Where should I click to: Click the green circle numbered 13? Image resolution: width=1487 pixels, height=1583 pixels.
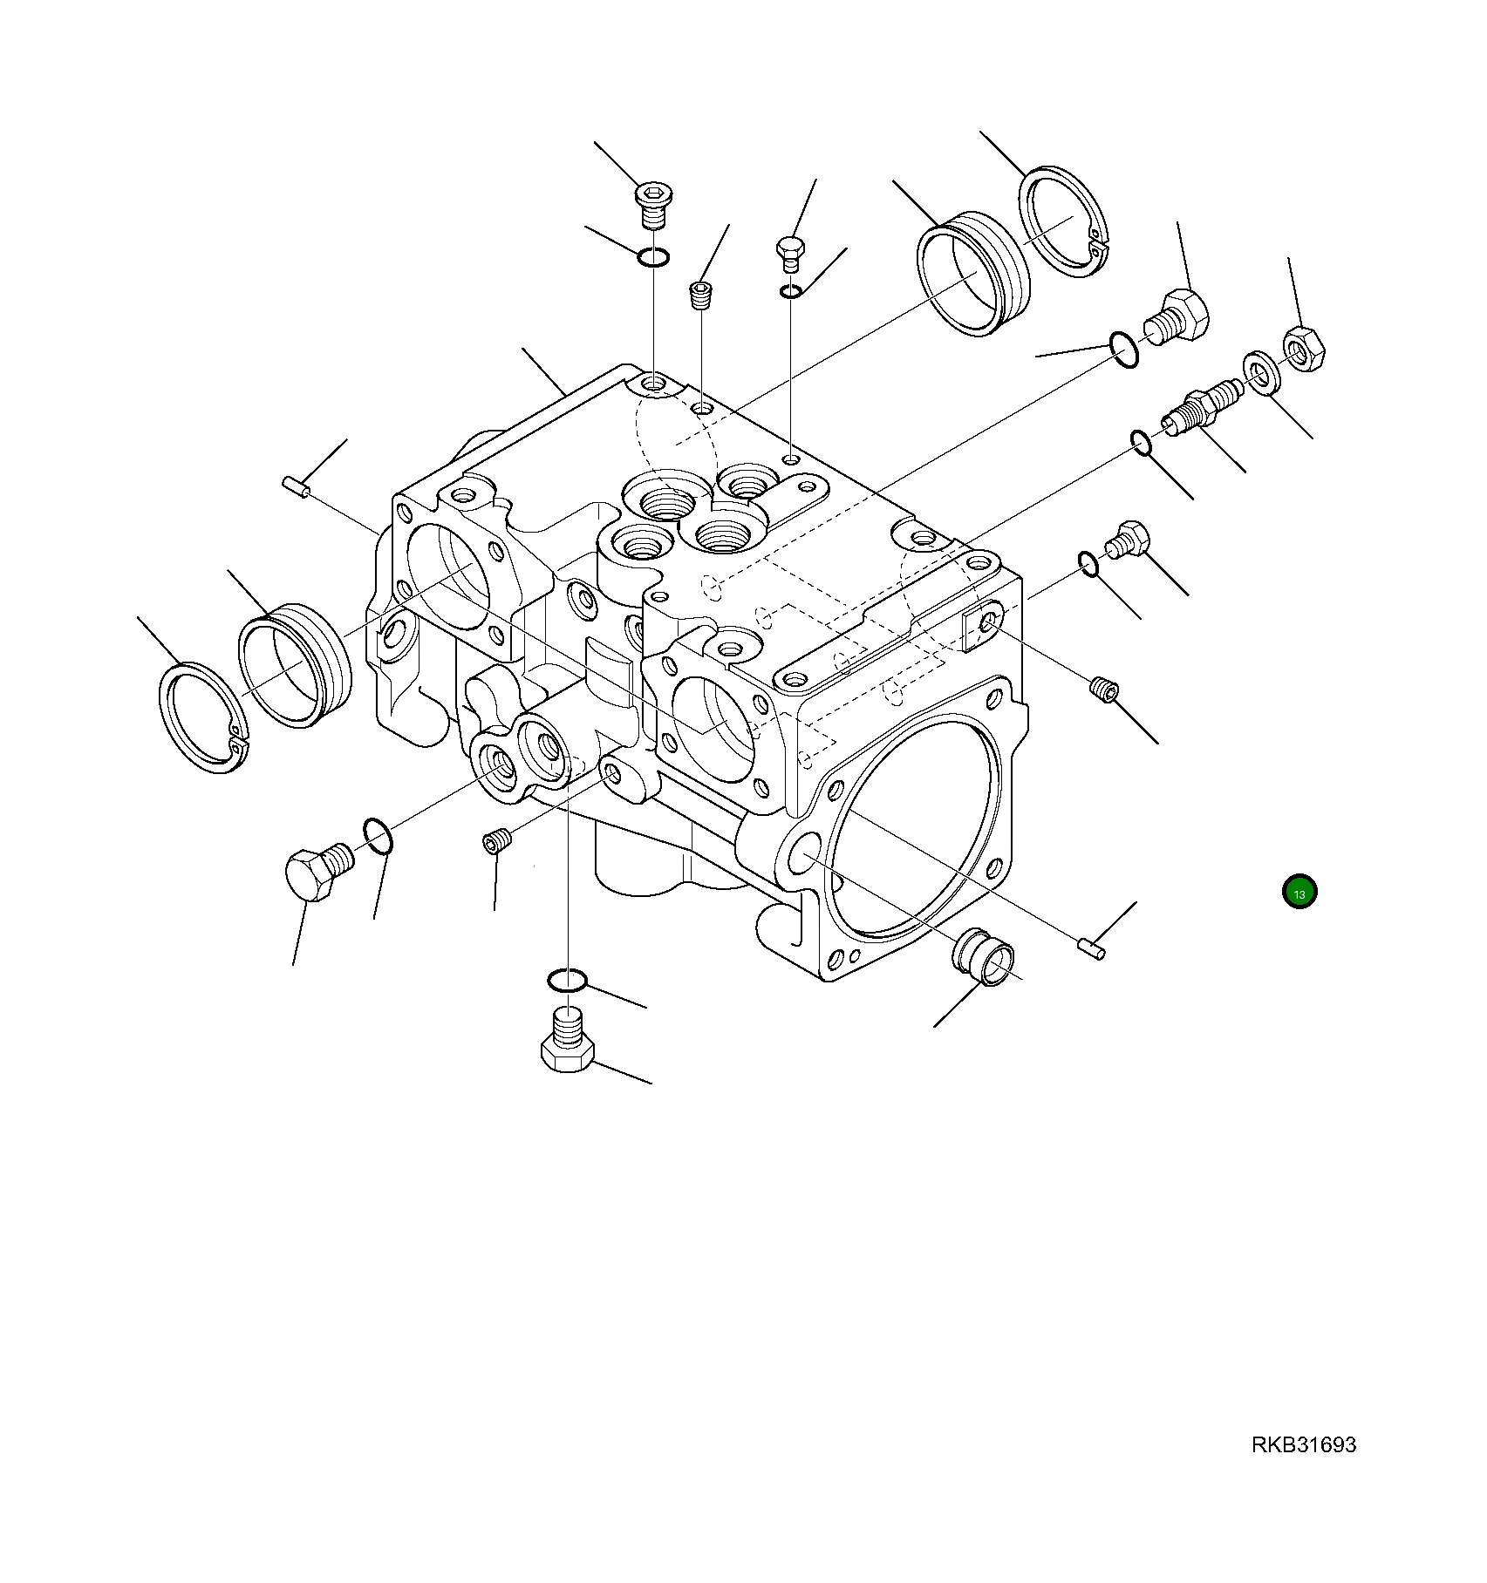click(x=1299, y=892)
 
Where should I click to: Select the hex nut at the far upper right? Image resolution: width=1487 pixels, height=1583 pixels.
click(x=1304, y=348)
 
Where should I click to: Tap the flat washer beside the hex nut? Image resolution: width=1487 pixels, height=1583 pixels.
click(x=1259, y=372)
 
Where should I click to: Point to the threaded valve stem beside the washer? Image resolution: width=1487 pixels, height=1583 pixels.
click(x=1200, y=405)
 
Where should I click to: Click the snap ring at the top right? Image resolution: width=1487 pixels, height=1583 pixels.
click(x=1063, y=222)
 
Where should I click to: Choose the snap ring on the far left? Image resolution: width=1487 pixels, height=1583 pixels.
click(x=204, y=718)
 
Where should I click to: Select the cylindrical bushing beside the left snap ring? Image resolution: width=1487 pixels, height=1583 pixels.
click(x=295, y=663)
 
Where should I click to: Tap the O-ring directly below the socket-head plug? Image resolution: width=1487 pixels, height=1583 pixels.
click(x=652, y=257)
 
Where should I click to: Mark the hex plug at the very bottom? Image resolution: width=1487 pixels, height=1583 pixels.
click(x=567, y=1046)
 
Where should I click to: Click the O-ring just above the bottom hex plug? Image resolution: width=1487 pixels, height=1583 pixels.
click(x=566, y=981)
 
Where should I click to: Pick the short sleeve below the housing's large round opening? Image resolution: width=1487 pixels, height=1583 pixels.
click(x=985, y=956)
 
